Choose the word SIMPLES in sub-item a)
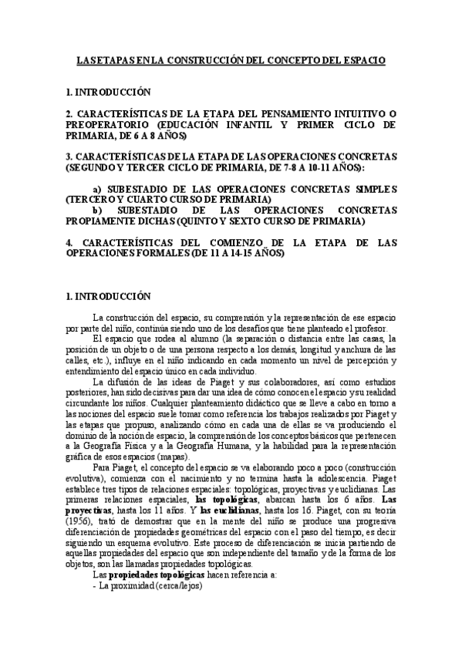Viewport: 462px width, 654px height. point(374,189)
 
